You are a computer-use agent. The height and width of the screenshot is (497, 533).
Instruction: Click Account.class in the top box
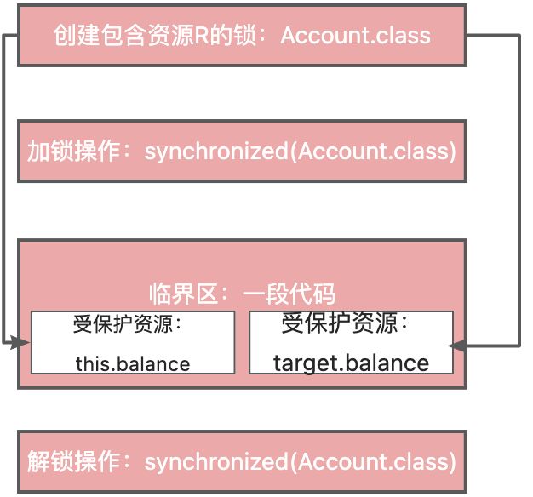pos(355,36)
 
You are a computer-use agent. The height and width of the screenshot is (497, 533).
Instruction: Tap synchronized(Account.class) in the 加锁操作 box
pos(300,151)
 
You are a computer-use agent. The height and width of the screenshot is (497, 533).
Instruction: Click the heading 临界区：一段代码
pos(241,294)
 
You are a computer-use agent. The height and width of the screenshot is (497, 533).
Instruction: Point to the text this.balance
pos(132,364)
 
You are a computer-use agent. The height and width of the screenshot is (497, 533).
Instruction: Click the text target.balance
pos(351,363)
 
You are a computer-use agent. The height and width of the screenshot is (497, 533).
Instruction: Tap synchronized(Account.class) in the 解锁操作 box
pos(300,462)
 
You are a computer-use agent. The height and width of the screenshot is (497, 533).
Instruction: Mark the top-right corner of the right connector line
pos(519,36)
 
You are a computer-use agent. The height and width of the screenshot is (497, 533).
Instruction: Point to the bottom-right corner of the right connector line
pos(519,345)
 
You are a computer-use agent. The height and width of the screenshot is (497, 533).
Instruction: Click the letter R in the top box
pos(216,36)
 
